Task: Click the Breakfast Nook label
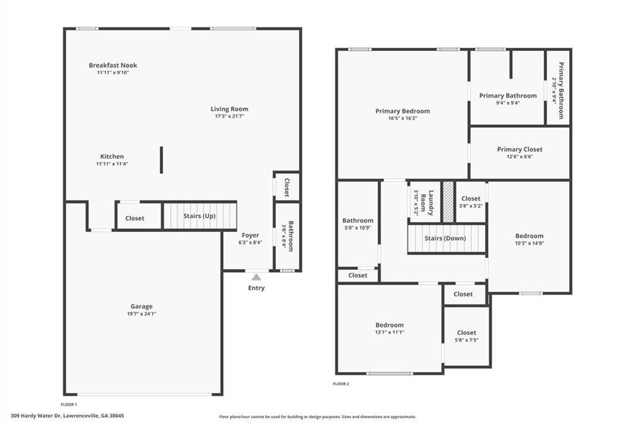[x=113, y=65]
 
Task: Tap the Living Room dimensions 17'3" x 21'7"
[x=229, y=116]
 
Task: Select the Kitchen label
[x=112, y=156]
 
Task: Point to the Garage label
[x=141, y=306]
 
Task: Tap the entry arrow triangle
[x=256, y=277]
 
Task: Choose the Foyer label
[x=251, y=236]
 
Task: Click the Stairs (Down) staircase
[x=445, y=239]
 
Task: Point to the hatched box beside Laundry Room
[x=448, y=201]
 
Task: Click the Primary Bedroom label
[x=402, y=111]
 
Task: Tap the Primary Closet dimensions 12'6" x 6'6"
[x=520, y=156]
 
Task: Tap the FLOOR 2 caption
[x=341, y=384]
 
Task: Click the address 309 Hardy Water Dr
[x=67, y=416]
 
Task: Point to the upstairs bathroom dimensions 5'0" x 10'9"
[x=358, y=228]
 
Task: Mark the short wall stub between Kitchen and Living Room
[x=162, y=160]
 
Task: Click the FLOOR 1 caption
[x=69, y=404]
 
